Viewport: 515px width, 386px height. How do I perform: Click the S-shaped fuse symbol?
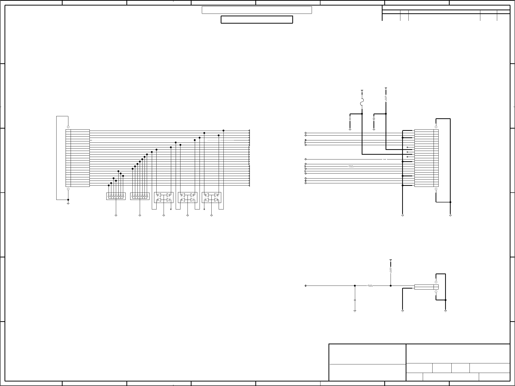[362, 102]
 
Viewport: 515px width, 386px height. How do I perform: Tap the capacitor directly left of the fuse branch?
[350, 118]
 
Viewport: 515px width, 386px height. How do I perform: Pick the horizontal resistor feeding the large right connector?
[351, 166]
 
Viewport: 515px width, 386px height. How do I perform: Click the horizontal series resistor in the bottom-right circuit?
[370, 286]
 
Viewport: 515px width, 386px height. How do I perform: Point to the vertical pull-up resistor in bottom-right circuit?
[391, 270]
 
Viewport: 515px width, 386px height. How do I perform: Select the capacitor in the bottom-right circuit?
[355, 300]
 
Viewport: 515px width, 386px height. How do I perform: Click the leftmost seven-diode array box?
[116, 196]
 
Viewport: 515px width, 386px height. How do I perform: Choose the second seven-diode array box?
[140, 196]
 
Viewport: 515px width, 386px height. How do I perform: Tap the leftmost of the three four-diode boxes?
[164, 197]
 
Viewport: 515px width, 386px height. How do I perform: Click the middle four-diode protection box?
[188, 197]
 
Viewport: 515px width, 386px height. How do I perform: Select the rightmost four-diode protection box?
[211, 197]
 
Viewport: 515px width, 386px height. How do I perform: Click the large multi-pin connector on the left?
[77, 158]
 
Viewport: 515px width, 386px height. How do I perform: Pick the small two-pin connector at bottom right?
[426, 287]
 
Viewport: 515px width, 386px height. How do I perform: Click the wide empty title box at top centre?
[257, 10]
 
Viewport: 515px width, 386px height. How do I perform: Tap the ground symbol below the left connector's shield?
[68, 204]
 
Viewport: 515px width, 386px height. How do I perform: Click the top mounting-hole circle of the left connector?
[68, 127]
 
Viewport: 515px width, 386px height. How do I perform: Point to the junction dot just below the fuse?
[362, 114]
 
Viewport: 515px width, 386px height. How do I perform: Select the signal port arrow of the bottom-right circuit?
[305, 286]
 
